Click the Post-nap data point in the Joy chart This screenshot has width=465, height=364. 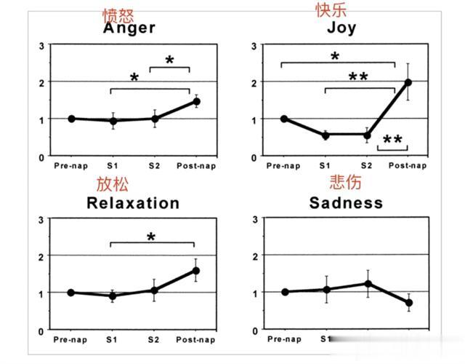click(408, 82)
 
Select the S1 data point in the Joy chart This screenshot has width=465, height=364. click(325, 135)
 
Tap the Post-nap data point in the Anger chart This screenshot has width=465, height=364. click(196, 101)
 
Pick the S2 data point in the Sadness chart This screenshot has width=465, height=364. click(368, 283)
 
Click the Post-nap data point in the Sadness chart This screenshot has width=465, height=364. click(409, 303)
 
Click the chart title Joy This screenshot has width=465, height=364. click(341, 28)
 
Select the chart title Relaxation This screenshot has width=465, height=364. click(133, 202)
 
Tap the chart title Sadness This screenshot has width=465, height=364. click(346, 202)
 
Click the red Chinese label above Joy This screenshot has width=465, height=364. click(331, 9)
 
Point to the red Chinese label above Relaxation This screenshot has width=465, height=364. click(111, 183)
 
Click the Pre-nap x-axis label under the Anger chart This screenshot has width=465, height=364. click(70, 165)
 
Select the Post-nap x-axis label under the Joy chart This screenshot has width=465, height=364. click(408, 165)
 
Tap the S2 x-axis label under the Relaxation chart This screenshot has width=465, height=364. click(154, 339)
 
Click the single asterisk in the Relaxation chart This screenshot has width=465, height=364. click(151, 237)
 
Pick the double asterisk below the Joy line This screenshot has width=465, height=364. click(392, 140)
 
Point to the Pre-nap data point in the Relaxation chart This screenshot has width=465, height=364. click(71, 293)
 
